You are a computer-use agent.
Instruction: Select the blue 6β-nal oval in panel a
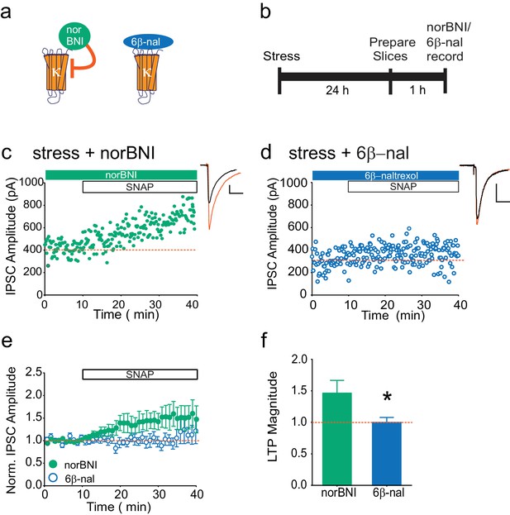click(148, 42)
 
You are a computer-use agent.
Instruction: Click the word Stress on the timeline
click(281, 56)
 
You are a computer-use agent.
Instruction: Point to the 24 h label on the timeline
click(337, 89)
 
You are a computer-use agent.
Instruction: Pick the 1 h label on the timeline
click(417, 89)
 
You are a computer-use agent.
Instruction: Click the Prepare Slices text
click(392, 50)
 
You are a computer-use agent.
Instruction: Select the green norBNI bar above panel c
click(122, 174)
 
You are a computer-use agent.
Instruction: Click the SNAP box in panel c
click(140, 187)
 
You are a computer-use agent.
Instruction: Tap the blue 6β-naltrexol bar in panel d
click(385, 175)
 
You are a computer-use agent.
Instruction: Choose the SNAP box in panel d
click(403, 187)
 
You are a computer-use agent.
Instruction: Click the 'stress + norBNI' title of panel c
click(93, 153)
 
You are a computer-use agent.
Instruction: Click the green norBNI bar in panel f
click(337, 439)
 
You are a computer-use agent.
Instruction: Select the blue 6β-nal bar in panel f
click(387, 454)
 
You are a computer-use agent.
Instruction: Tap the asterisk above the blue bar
click(387, 397)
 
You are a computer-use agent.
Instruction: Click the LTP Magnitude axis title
click(273, 417)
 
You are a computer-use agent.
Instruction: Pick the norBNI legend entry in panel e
click(73, 465)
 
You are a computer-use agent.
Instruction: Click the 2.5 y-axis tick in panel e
click(34, 373)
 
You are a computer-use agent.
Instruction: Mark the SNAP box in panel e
click(140, 374)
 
